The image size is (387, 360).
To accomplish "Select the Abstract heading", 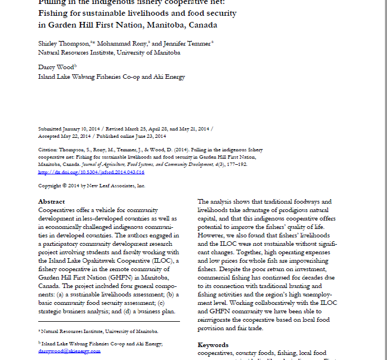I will (51, 201).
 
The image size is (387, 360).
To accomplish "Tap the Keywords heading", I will (213, 344).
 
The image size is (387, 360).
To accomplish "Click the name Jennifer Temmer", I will (189, 44).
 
